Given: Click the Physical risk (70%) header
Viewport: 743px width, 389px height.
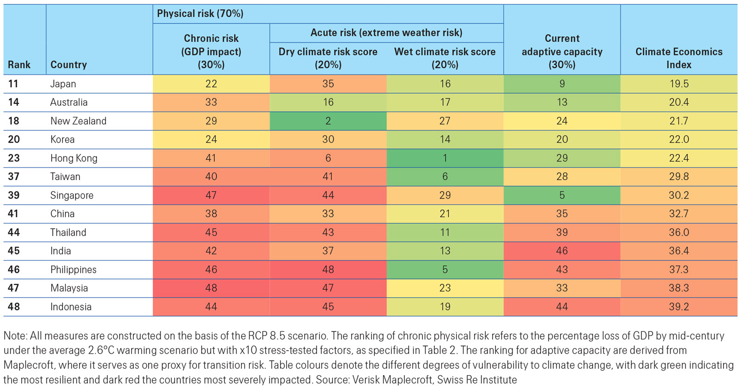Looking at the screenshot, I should point(200,14).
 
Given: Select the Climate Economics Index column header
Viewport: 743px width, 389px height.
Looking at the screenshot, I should point(678,58).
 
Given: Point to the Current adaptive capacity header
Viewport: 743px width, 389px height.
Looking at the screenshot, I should point(562,52).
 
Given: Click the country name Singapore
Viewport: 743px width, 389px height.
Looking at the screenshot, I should point(72,195).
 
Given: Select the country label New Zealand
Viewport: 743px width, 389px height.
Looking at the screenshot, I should point(78,121).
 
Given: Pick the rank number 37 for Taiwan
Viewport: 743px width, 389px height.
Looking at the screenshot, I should point(13,177).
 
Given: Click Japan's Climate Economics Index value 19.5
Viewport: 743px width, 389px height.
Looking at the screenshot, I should point(678,84).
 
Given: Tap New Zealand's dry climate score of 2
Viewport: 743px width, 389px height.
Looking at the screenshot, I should point(328,121).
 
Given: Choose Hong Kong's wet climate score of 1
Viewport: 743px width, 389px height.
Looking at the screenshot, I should point(445,158).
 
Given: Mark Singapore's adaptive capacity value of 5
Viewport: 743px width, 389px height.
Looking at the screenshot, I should point(562,195).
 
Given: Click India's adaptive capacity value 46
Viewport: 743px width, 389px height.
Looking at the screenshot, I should point(562,251).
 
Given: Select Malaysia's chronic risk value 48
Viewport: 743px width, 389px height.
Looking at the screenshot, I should point(211,288).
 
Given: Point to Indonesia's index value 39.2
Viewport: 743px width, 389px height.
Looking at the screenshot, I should point(678,307).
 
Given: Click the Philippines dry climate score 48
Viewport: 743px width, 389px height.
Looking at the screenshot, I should point(328,270).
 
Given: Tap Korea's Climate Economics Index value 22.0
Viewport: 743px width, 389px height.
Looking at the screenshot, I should point(678,140).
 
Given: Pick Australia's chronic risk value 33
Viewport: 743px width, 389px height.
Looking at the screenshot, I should point(211,103).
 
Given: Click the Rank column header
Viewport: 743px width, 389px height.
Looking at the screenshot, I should point(19,65).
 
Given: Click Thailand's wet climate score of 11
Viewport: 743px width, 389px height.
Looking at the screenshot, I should point(445,233).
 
